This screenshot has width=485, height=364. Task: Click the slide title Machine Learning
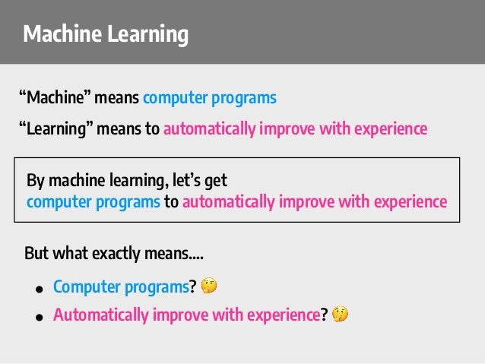105,34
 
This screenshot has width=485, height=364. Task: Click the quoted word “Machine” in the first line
55,99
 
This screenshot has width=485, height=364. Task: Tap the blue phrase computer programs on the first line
210,99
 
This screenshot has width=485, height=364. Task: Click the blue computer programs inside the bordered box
94,202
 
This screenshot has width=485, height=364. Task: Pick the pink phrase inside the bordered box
314,202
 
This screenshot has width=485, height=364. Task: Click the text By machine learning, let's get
127,182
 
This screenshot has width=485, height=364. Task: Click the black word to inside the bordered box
171,202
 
